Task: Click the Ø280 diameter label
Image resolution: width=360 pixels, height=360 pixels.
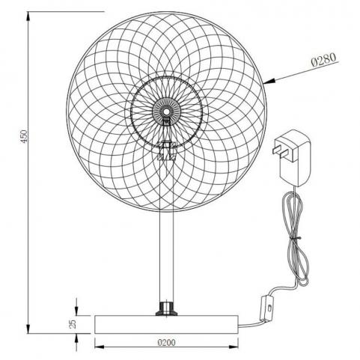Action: pyautogui.click(x=323, y=60)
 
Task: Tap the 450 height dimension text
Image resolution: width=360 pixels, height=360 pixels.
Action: pyautogui.click(x=23, y=136)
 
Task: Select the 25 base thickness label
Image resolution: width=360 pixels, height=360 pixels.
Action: pyautogui.click(x=73, y=324)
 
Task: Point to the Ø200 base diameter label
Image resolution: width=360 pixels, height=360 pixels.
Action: pyautogui.click(x=166, y=343)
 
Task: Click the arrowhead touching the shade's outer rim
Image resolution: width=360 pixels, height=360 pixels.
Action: pyautogui.click(x=270, y=82)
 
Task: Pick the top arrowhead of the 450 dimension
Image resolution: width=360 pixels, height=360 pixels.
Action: pyautogui.click(x=28, y=17)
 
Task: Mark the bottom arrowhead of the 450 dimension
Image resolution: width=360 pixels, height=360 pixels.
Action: pyautogui.click(x=28, y=327)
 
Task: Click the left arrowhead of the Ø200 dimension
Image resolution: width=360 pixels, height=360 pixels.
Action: pyautogui.click(x=101, y=347)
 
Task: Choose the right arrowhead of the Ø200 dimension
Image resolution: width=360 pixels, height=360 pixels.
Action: pyautogui.click(x=232, y=347)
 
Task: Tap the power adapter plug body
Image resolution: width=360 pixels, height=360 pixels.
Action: pyautogui.click(x=296, y=158)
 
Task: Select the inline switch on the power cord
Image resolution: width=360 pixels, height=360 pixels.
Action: pyautogui.click(x=266, y=308)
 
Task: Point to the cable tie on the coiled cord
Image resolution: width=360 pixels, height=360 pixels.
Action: pyautogui.click(x=296, y=239)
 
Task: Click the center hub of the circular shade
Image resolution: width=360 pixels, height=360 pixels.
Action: pyautogui.click(x=166, y=111)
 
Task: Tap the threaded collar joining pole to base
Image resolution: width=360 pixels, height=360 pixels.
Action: pyautogui.click(x=166, y=308)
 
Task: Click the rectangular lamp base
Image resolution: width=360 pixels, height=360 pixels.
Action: pyautogui.click(x=166, y=324)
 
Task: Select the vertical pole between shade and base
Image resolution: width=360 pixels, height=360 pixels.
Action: pyautogui.click(x=166, y=257)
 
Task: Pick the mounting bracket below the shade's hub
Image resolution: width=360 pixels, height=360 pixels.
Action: pyautogui.click(x=166, y=150)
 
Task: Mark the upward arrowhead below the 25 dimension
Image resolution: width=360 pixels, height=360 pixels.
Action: pyautogui.click(x=76, y=339)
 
